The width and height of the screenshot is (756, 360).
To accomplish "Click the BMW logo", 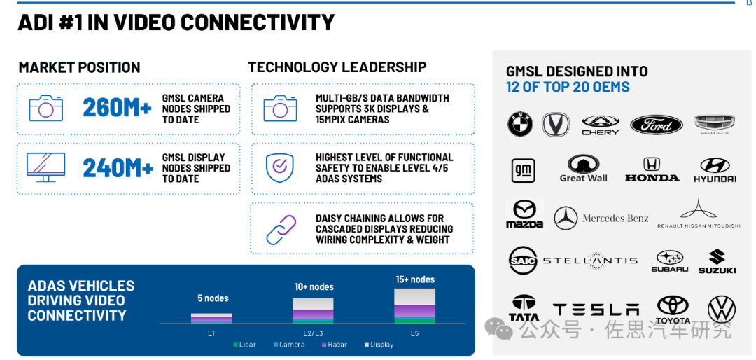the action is pyautogui.click(x=519, y=124).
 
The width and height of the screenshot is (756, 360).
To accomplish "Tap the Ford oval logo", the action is pyautogui.click(x=656, y=125).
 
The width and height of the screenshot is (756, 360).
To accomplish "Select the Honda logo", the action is pyautogui.click(x=652, y=169).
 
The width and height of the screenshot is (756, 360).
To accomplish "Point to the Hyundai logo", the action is pyautogui.click(x=715, y=170).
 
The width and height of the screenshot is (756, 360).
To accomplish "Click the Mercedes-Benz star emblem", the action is pyautogui.click(x=566, y=218).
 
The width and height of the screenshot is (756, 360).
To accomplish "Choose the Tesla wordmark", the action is pyautogui.click(x=596, y=310).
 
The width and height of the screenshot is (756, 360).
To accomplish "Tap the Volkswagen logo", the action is pyautogui.click(x=721, y=310).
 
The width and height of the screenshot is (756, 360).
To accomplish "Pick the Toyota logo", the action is pyautogui.click(x=673, y=310).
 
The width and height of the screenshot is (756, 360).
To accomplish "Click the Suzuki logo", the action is pyautogui.click(x=717, y=261).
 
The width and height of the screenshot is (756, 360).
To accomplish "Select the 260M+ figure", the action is pyautogui.click(x=117, y=108).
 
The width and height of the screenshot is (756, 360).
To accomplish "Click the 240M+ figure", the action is pyautogui.click(x=118, y=168).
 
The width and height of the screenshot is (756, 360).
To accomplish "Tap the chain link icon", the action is pyautogui.click(x=281, y=229).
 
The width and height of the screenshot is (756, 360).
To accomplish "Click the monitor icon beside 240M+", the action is pyautogui.click(x=45, y=167).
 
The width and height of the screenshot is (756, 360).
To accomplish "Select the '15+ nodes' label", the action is pyautogui.click(x=415, y=279).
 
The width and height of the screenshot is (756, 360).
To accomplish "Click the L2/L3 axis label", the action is pyautogui.click(x=313, y=333).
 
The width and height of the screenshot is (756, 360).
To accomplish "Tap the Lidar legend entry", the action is pyautogui.click(x=244, y=345).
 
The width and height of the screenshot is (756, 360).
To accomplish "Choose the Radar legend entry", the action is pyautogui.click(x=334, y=345).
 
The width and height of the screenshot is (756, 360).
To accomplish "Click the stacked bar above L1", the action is pyautogui.click(x=211, y=318).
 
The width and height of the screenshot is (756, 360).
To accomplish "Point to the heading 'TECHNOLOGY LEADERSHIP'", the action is pyautogui.click(x=337, y=67).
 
